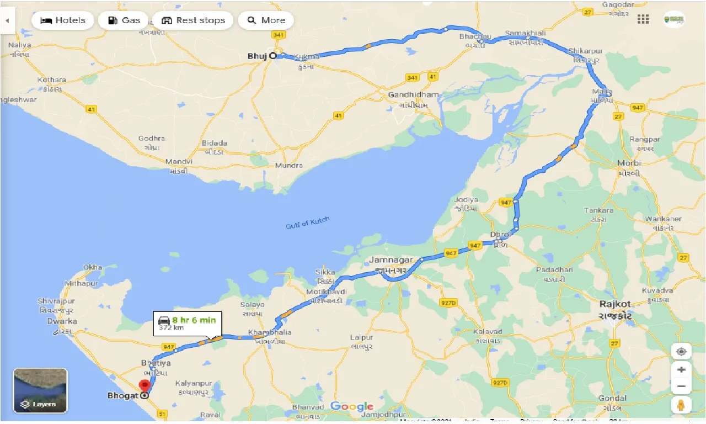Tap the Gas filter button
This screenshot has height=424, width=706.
(x=124, y=20)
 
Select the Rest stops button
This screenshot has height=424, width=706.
(x=193, y=20)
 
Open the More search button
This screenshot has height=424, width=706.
(x=266, y=20)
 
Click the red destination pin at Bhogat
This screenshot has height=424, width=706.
(x=145, y=386)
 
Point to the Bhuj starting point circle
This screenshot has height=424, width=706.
(x=272, y=56)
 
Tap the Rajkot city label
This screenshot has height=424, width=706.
(x=615, y=304)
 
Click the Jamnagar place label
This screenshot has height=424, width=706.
(x=391, y=259)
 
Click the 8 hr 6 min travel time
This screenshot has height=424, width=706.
(x=194, y=320)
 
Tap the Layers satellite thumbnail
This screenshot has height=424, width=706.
(x=40, y=390)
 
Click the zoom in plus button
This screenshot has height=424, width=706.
(x=681, y=369)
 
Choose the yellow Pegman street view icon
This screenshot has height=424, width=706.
(x=681, y=405)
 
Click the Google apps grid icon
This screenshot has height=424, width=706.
(x=643, y=19)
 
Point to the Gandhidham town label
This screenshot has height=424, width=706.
(x=413, y=95)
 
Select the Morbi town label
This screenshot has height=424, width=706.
(x=629, y=163)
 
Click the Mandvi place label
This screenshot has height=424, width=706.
(x=179, y=162)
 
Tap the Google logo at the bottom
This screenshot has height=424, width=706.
(x=352, y=407)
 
